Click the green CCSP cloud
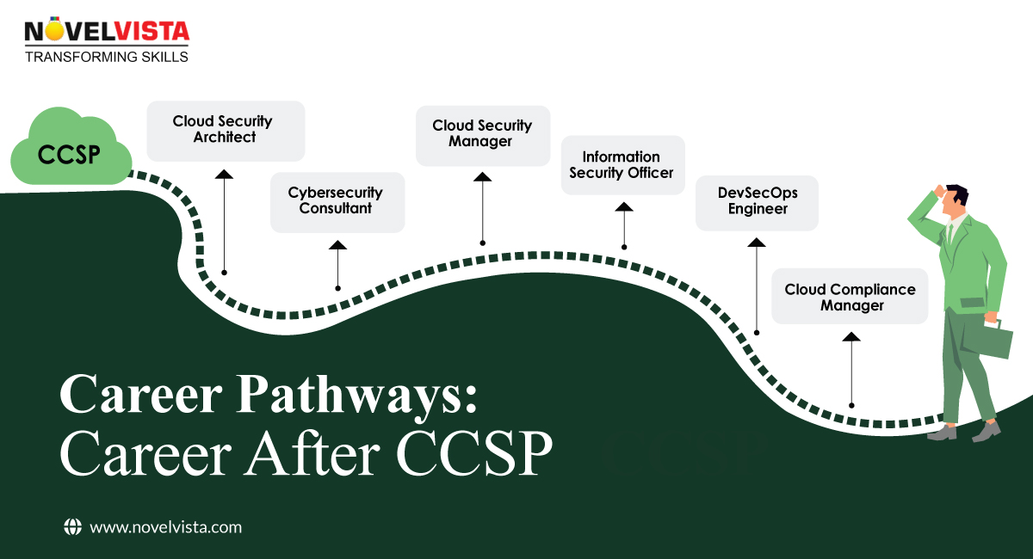[x=70, y=153]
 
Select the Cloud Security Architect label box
[x=226, y=130]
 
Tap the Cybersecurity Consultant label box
[x=337, y=201]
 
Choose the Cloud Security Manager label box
[x=482, y=134]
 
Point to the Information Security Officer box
[x=622, y=164]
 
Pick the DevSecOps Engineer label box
[x=756, y=202]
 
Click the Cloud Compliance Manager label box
[x=850, y=297]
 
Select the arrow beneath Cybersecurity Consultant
[x=337, y=265]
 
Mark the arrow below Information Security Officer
[x=623, y=224]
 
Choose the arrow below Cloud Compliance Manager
[x=851, y=370]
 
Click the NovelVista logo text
[x=107, y=32]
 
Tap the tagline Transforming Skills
[x=106, y=57]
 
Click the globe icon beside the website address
[x=72, y=527]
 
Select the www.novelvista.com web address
[x=165, y=527]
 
